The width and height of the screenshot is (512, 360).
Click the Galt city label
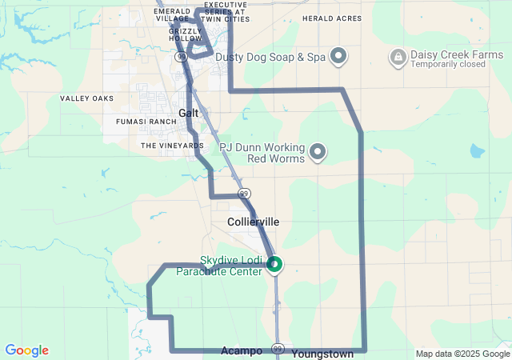(189, 113)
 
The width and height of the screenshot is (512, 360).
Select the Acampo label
(242, 351)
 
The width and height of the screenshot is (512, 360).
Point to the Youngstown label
(322, 353)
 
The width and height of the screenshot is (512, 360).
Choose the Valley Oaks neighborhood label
(86, 98)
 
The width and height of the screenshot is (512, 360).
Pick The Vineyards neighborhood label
(172, 146)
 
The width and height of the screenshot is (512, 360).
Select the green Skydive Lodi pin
(274, 263)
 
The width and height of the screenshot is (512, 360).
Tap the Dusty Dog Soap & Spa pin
(339, 55)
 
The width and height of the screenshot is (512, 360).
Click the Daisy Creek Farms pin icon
(398, 56)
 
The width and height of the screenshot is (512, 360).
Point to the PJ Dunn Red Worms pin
(318, 151)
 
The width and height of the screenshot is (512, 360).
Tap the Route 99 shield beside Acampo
(278, 349)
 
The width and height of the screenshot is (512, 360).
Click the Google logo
(26, 350)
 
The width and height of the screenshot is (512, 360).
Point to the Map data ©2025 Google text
(462, 354)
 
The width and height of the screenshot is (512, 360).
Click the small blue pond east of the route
(477, 150)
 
